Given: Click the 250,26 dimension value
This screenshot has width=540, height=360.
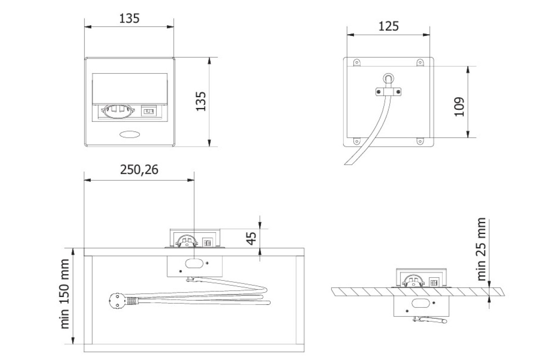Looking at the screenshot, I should (x=139, y=169).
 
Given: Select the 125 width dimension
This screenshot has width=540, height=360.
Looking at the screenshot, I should (x=389, y=26).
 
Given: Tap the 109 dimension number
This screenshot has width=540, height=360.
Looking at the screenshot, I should (x=459, y=107).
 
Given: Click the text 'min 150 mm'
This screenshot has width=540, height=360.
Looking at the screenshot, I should (x=65, y=299).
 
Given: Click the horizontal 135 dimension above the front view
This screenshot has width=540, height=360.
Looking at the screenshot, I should (x=130, y=18).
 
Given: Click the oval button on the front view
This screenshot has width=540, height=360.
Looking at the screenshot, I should (x=130, y=134).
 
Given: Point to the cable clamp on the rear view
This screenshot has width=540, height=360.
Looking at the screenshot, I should (x=387, y=92).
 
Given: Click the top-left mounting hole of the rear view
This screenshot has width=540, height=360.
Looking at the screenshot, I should (x=356, y=63).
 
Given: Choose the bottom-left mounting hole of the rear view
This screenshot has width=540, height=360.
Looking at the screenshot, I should (x=356, y=141).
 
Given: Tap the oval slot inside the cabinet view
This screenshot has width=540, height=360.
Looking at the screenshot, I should (x=193, y=263).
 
